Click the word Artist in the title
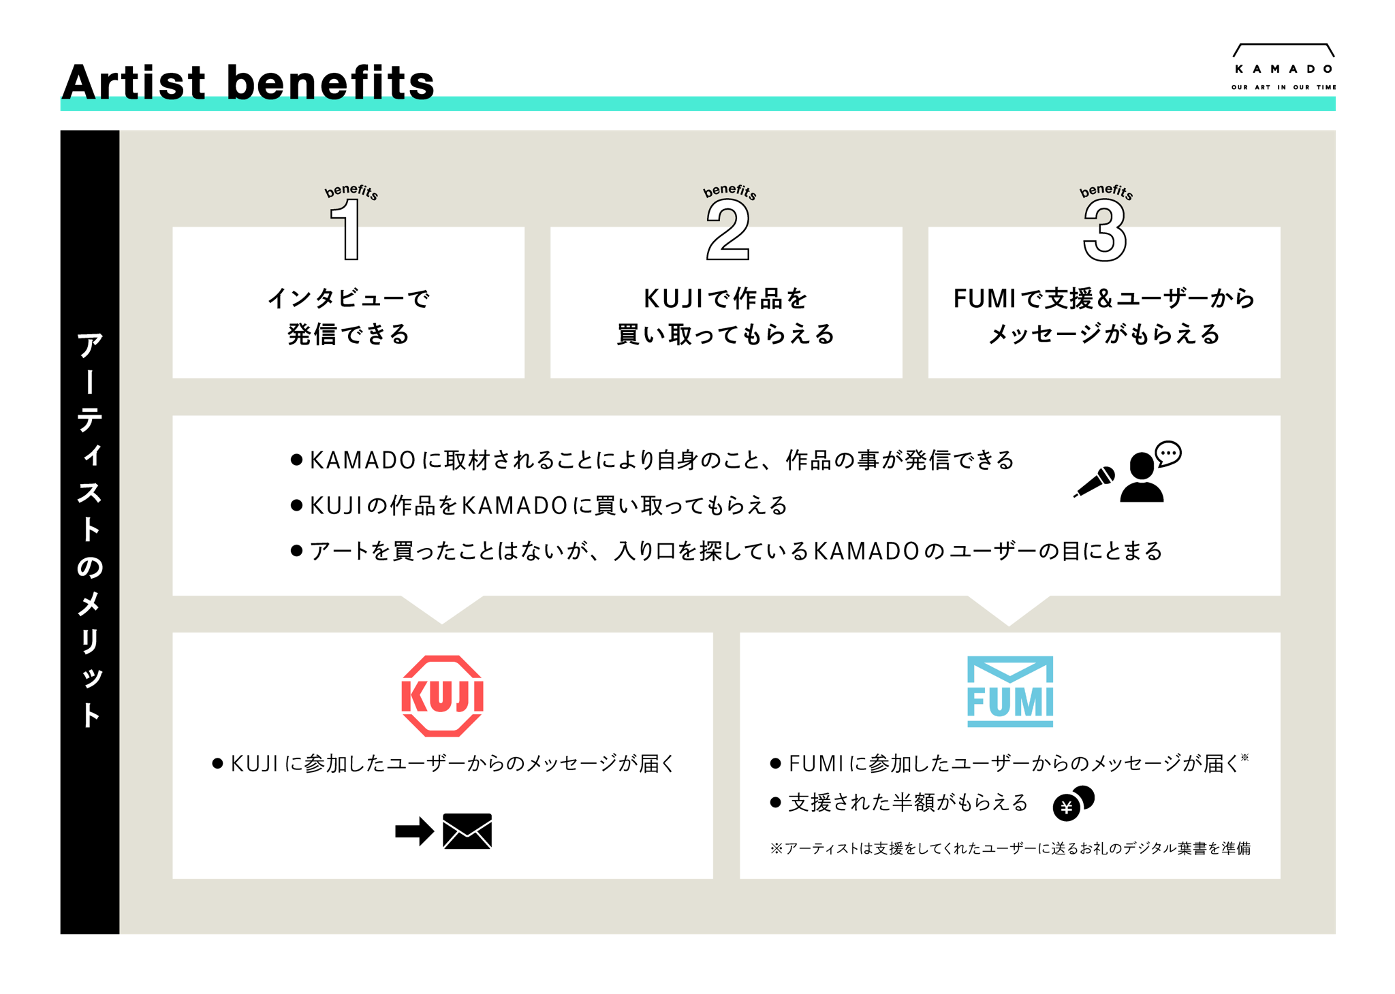point(134,82)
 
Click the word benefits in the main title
point(330,82)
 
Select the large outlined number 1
point(347,229)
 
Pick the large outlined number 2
point(727,231)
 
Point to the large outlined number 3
point(1105,231)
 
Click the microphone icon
point(1095,481)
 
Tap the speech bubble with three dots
point(1168,453)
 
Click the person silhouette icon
point(1142,477)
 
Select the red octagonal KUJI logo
point(443,696)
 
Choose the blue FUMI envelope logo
point(1010,692)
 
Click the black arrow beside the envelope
point(414,831)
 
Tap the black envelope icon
point(467,831)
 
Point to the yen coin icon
point(1073,803)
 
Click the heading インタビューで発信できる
point(349,316)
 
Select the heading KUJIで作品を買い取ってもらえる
point(726,316)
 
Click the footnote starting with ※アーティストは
point(1010,848)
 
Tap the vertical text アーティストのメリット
point(90,530)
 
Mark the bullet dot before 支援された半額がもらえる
point(775,803)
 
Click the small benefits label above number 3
point(1106,191)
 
